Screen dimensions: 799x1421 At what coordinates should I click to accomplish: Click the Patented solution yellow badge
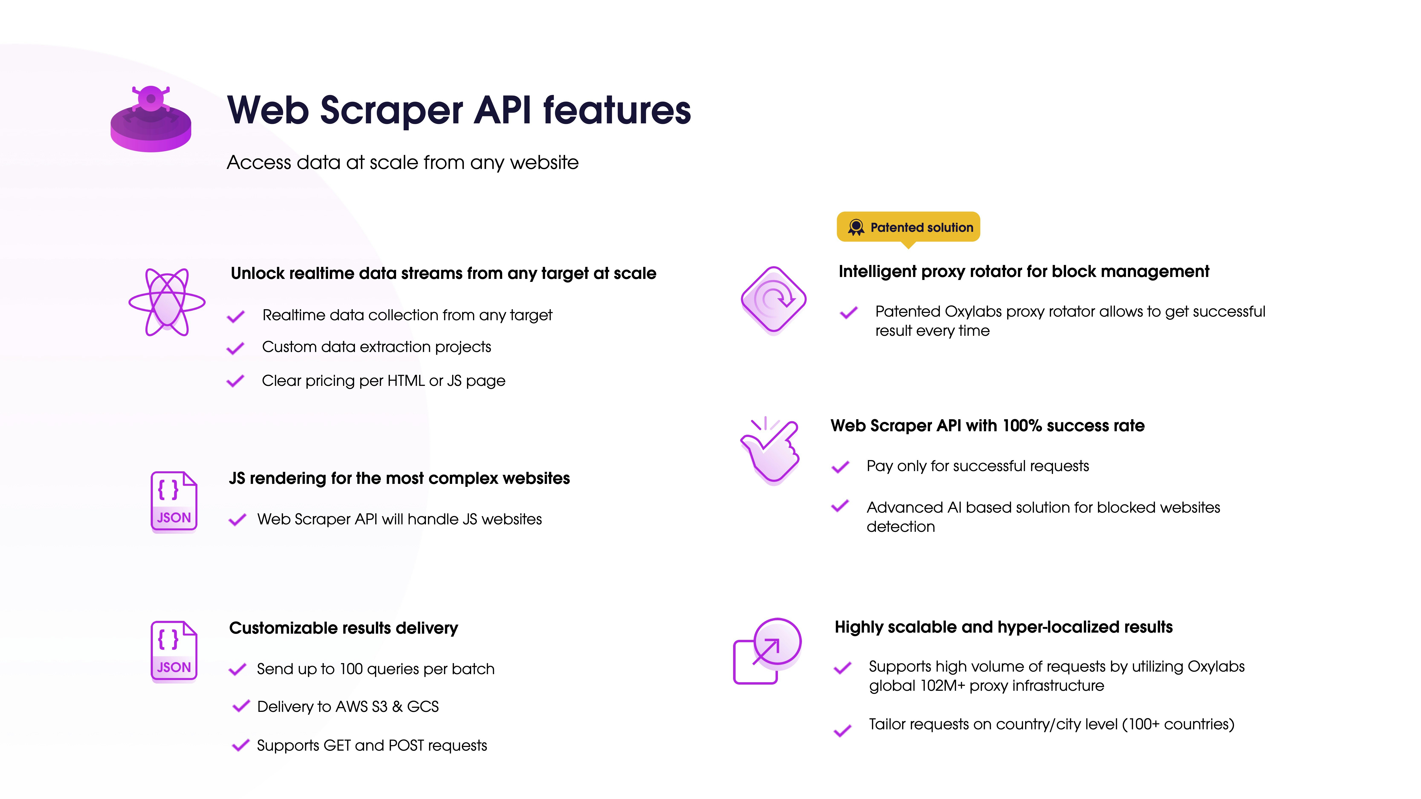pyautogui.click(x=908, y=227)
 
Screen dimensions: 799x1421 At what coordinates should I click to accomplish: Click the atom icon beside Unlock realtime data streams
pyautogui.click(x=166, y=302)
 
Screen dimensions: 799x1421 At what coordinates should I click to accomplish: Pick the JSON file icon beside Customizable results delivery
pyautogui.click(x=174, y=651)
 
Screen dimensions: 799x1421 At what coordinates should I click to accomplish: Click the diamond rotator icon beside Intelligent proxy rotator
pyautogui.click(x=773, y=300)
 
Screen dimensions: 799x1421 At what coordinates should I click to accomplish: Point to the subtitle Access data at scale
pyautogui.click(x=403, y=163)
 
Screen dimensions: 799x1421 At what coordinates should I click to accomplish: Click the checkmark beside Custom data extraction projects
pyautogui.click(x=236, y=349)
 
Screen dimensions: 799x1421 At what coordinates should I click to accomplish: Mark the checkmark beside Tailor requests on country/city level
pyautogui.click(x=842, y=731)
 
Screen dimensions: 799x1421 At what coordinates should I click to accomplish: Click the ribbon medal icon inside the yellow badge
pyautogui.click(x=856, y=227)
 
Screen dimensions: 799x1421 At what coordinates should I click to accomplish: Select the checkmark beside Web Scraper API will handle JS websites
pyautogui.click(x=237, y=520)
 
